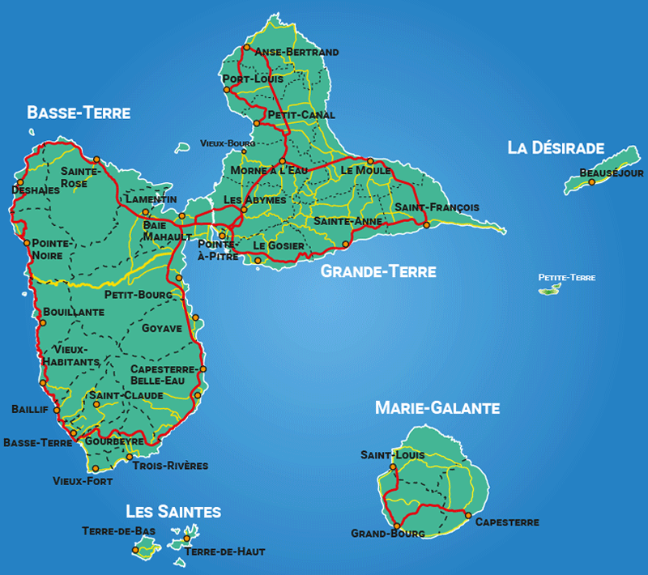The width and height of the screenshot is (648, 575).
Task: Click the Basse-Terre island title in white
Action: [79, 113]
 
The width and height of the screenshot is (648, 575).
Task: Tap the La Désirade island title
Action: [556, 147]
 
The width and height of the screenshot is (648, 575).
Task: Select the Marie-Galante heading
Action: [437, 408]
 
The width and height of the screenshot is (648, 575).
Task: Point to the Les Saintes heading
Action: [173, 512]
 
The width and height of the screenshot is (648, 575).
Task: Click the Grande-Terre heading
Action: [378, 271]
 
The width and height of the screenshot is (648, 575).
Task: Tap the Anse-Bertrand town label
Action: [296, 52]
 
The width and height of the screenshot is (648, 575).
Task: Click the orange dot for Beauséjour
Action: [592, 182]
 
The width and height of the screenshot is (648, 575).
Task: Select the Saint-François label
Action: [437, 207]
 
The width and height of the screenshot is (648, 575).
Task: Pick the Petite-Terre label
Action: [567, 278]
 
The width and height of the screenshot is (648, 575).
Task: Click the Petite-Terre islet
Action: [549, 288]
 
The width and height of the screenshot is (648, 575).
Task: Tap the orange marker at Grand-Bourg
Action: [397, 526]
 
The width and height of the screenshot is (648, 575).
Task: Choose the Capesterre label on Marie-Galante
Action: [506, 522]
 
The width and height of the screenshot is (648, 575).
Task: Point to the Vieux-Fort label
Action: [83, 481]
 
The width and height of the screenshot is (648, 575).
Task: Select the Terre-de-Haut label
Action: [224, 552]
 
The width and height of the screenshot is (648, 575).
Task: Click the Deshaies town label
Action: [36, 190]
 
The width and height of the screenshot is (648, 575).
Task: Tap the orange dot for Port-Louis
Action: [228, 89]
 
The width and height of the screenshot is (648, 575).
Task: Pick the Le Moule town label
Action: [365, 171]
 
